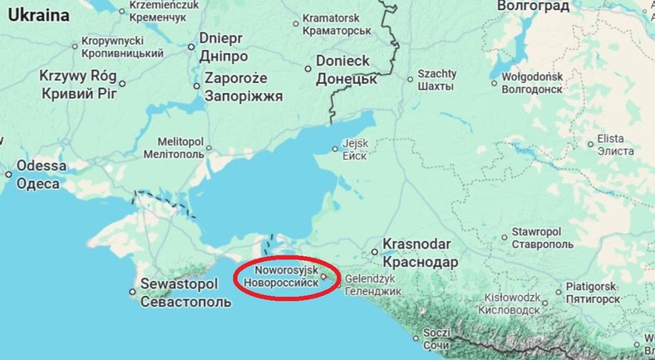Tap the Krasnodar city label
[417, 253]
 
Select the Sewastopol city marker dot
[133, 292]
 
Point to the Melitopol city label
[174, 148]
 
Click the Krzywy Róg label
[79, 83]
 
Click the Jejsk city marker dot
[336, 149]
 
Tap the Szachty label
[436, 80]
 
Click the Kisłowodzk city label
[515, 303]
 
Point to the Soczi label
[436, 338]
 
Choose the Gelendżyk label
[373, 285]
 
